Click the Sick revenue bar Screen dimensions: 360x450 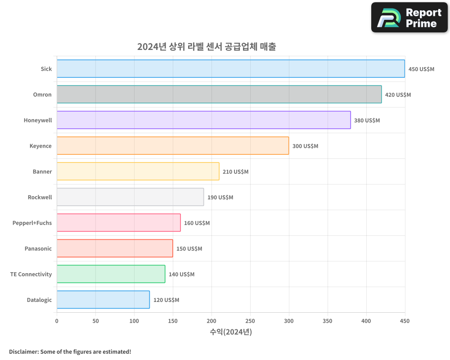230,69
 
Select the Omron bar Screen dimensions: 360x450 219,94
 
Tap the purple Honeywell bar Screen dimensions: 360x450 203,120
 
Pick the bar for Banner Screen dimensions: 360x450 138,171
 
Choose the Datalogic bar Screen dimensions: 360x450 103,300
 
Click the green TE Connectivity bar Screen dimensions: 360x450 111,274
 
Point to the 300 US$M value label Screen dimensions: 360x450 305,146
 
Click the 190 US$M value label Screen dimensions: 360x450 220,198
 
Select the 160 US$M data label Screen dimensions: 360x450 197,223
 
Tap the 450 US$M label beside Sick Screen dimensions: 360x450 421,69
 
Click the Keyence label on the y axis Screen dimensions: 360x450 40,146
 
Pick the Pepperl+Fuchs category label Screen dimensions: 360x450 32,223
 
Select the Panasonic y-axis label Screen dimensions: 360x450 38,249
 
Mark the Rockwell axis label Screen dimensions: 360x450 40,198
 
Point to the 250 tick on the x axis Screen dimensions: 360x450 250,321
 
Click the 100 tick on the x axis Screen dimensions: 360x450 134,321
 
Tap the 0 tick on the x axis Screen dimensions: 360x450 57,321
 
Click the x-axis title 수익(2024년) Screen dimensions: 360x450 231,332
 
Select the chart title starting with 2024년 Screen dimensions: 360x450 207,46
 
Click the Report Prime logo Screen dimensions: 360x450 409,18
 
